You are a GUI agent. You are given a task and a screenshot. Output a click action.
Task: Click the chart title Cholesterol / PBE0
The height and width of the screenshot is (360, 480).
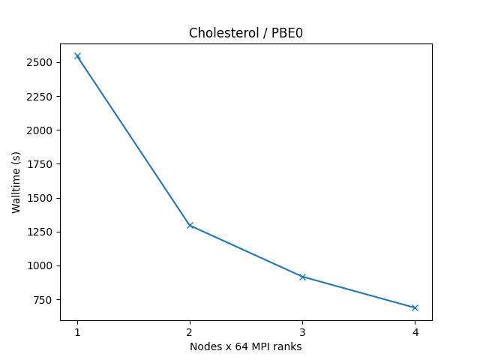point(245,33)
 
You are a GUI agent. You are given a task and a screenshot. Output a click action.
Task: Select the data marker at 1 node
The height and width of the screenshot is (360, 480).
point(77,56)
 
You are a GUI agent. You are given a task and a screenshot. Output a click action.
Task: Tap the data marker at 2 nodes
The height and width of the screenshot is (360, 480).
point(190,225)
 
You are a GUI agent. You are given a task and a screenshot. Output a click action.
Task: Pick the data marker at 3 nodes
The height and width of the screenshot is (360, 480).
point(302,277)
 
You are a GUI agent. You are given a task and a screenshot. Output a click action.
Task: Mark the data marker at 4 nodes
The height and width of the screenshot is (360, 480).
point(415,307)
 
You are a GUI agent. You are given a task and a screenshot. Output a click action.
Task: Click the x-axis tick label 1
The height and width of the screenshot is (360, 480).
point(77,332)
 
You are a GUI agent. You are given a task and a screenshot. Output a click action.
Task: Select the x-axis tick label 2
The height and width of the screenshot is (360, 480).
point(190,332)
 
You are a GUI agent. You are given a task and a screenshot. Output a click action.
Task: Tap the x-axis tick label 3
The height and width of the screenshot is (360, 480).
point(302,332)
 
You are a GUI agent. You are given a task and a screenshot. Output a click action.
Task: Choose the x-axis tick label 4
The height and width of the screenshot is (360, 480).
point(415,332)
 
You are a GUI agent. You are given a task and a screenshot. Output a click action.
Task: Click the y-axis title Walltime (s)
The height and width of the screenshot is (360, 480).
point(16,182)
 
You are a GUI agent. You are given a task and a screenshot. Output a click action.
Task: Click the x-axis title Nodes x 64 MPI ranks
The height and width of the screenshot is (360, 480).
point(245,346)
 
